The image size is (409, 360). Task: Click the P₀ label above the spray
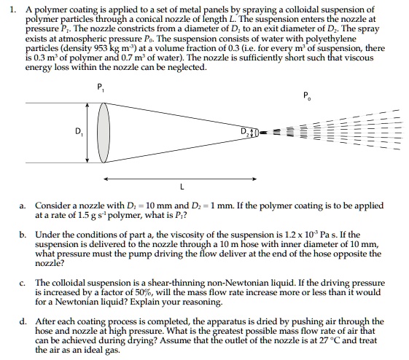pos(305,95)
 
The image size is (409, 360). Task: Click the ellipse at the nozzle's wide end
pos(104,131)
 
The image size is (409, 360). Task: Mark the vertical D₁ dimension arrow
pos(88,132)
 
